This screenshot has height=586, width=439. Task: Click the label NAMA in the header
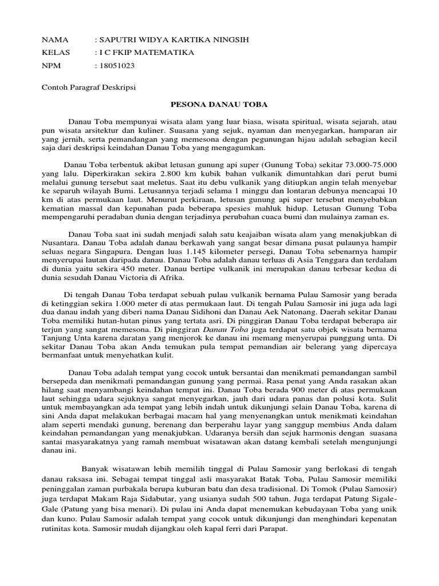[55, 40]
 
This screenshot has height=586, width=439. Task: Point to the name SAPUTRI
[116, 40]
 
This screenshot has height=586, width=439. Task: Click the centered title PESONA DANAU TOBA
[219, 105]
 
